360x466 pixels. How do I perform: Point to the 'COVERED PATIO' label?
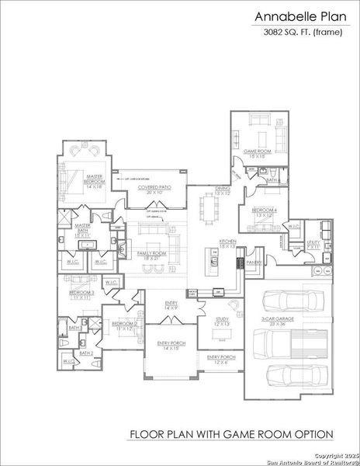pyautogui.click(x=154, y=187)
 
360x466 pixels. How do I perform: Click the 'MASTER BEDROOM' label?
pyautogui.click(x=95, y=179)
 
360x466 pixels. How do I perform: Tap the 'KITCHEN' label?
pyautogui.click(x=227, y=242)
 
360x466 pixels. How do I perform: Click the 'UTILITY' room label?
pyautogui.click(x=313, y=243)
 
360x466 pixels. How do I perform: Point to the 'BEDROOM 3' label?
pyautogui.click(x=81, y=294)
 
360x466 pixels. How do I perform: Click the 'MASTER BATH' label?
pyautogui.click(x=83, y=227)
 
